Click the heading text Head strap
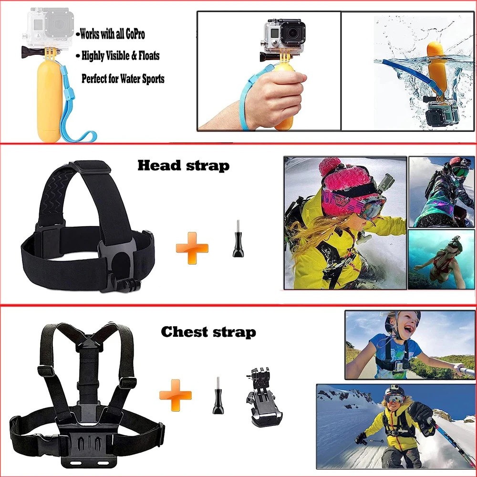[x=184, y=166]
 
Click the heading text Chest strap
[x=208, y=332]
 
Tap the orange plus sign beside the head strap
[x=192, y=248]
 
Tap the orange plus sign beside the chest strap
[x=176, y=395]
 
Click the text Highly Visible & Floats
[x=120, y=56]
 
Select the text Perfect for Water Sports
[x=123, y=78]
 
